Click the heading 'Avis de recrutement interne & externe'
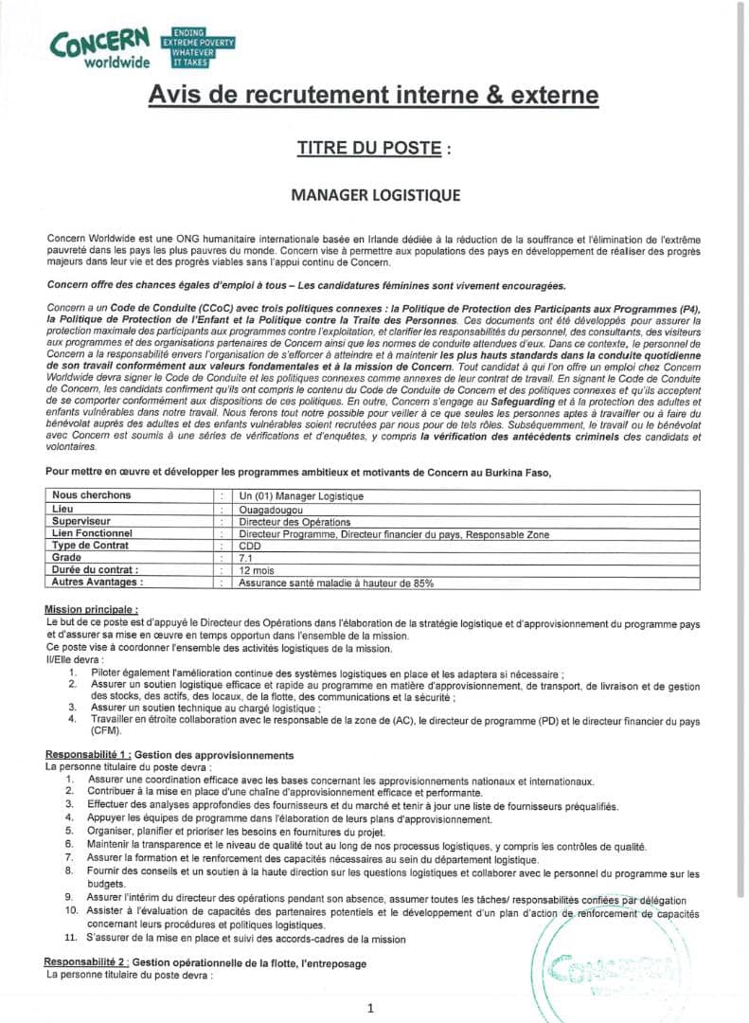[373, 96]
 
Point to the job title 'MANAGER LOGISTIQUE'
[375, 195]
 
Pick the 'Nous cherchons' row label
[92, 495]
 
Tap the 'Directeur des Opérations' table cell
[294, 521]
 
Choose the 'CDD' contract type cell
[250, 546]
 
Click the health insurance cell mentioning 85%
[336, 583]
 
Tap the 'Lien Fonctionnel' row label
[92, 533]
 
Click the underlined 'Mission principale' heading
[92, 608]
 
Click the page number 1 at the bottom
[371, 1008]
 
